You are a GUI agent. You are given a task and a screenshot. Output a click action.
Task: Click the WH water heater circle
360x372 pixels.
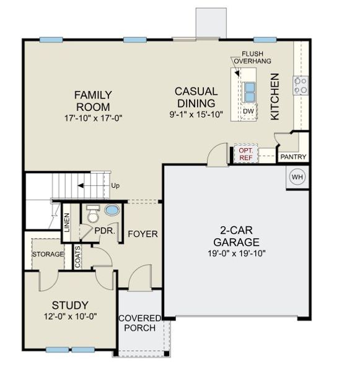pos(297,177)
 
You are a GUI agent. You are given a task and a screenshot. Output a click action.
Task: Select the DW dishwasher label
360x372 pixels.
pos(248,111)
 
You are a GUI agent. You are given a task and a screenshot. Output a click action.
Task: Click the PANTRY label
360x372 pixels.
pos(292,157)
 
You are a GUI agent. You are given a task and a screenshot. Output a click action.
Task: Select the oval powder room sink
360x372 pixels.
pos(112,211)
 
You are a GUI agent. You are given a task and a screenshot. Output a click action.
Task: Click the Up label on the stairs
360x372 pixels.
pos(115,185)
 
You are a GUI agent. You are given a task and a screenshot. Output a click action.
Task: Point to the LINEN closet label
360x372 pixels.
pos(67,224)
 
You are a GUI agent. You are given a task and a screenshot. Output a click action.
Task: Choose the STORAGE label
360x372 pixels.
pos(48,254)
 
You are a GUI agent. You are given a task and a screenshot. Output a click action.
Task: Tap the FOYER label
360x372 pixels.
pos(143,234)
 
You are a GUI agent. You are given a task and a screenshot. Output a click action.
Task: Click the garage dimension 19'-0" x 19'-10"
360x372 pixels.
pos(235,253)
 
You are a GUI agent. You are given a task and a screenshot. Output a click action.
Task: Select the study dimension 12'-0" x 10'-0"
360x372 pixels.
pos(69,317)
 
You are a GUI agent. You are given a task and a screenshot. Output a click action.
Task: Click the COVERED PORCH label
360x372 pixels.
pos(139,323)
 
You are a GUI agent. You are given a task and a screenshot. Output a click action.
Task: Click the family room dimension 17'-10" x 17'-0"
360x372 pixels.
pos(93,117)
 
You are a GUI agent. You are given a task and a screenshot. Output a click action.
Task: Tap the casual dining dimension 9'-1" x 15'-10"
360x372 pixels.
pos(195,115)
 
